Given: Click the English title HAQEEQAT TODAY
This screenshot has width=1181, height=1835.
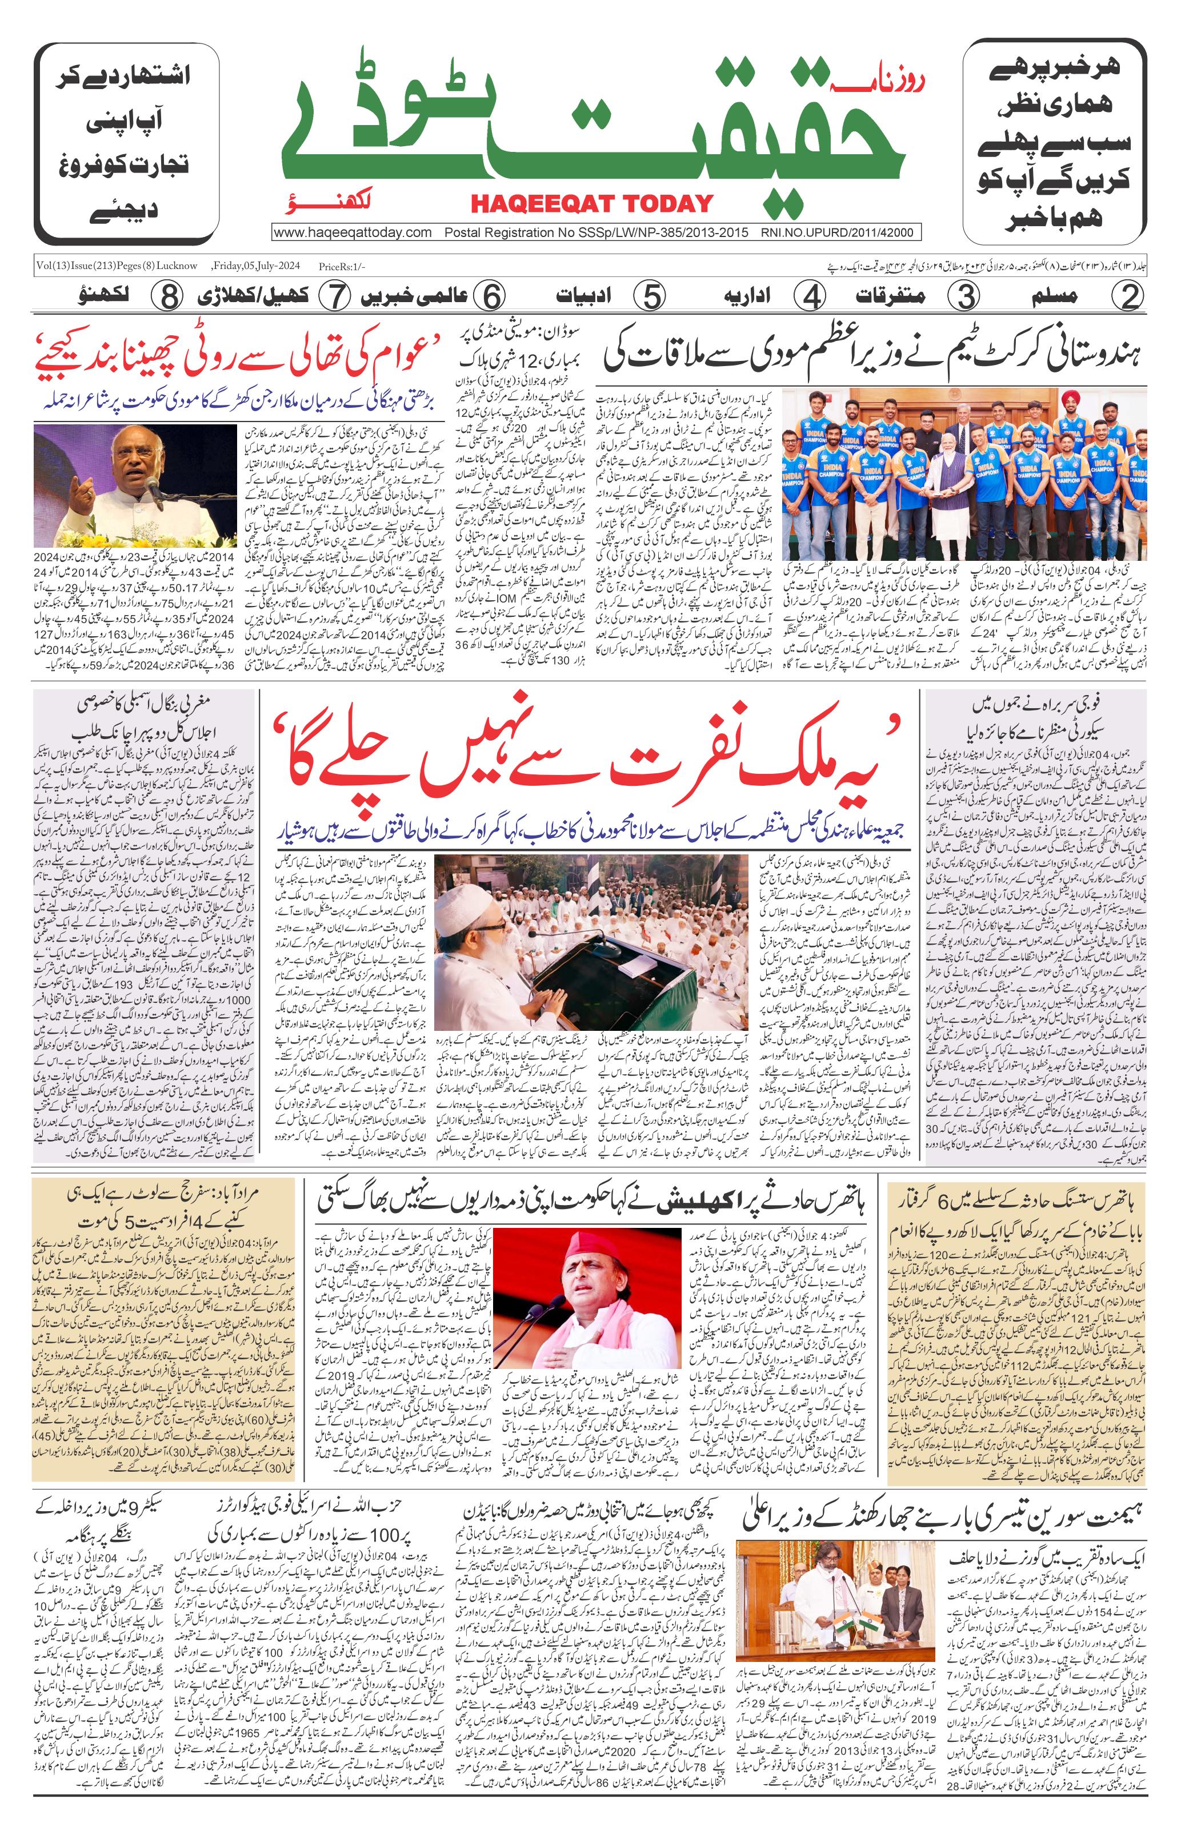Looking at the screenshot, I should click(591, 203).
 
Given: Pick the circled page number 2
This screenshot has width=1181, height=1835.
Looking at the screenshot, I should click(1129, 296).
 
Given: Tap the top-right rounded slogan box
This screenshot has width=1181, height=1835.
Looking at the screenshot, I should click(1055, 143).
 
